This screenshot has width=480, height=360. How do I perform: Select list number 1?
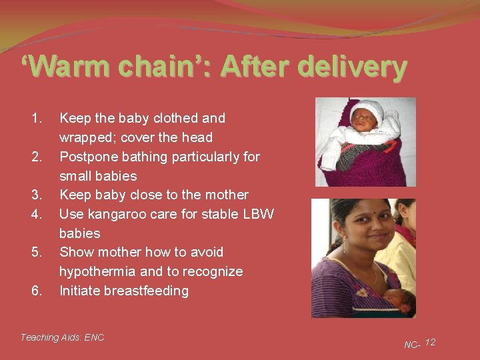click(x=37, y=118)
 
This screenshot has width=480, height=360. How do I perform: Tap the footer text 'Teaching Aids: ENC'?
click(x=63, y=337)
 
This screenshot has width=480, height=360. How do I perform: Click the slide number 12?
click(x=430, y=342)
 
